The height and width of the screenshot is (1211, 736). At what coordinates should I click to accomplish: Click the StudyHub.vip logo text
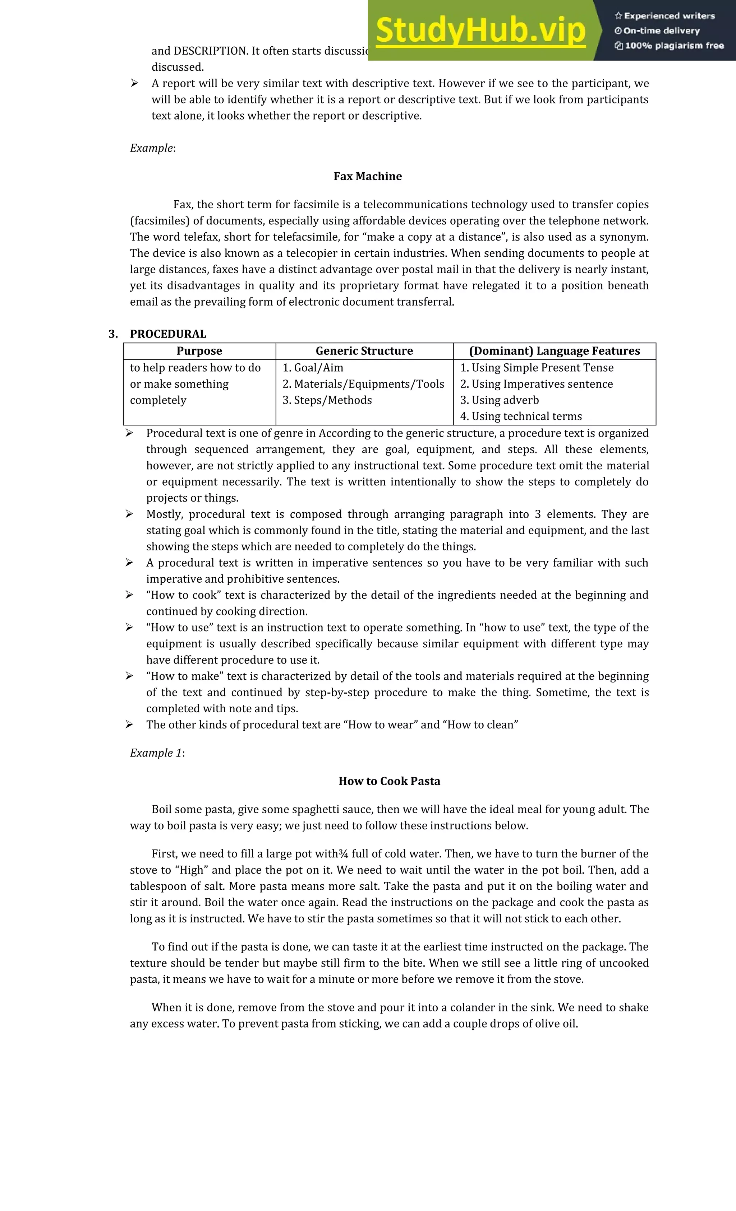(x=480, y=31)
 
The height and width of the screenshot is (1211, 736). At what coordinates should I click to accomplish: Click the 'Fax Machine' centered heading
(x=368, y=176)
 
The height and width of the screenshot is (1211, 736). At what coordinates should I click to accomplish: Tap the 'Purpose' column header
(x=199, y=351)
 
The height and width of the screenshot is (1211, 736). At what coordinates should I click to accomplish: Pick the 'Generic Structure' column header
(x=364, y=351)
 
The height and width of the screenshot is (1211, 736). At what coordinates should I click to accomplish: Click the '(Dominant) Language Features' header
(x=555, y=351)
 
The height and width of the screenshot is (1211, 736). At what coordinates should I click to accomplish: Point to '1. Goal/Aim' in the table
(x=313, y=368)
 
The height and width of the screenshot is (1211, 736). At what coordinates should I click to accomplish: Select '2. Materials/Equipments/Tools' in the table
(x=363, y=384)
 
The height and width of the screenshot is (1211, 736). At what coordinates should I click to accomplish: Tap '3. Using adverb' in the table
(x=500, y=400)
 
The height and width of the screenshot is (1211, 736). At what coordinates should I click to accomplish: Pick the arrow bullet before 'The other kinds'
(x=129, y=725)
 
